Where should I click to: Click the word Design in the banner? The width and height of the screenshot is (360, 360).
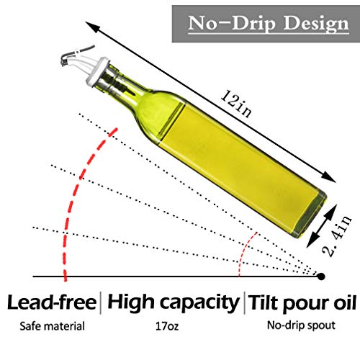[x=316, y=24]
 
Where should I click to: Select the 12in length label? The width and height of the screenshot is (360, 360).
[x=236, y=104]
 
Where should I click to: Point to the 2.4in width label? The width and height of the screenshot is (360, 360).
[x=337, y=236]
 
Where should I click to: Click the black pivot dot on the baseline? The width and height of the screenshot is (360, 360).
[x=321, y=276]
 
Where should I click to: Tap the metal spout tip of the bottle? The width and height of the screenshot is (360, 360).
[x=64, y=60]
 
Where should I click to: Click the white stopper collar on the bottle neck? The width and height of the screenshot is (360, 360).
[x=96, y=71]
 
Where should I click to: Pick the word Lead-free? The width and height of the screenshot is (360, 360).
[x=52, y=302]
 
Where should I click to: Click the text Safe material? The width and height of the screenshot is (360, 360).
[x=53, y=326]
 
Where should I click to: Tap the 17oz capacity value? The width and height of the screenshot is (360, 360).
[x=167, y=326]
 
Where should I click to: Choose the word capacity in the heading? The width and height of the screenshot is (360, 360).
[x=199, y=303]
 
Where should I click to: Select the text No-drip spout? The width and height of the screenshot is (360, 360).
[x=301, y=325]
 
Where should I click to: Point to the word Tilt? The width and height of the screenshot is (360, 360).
[x=264, y=303]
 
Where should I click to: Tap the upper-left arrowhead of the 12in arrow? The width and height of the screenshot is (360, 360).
[x=91, y=27]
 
